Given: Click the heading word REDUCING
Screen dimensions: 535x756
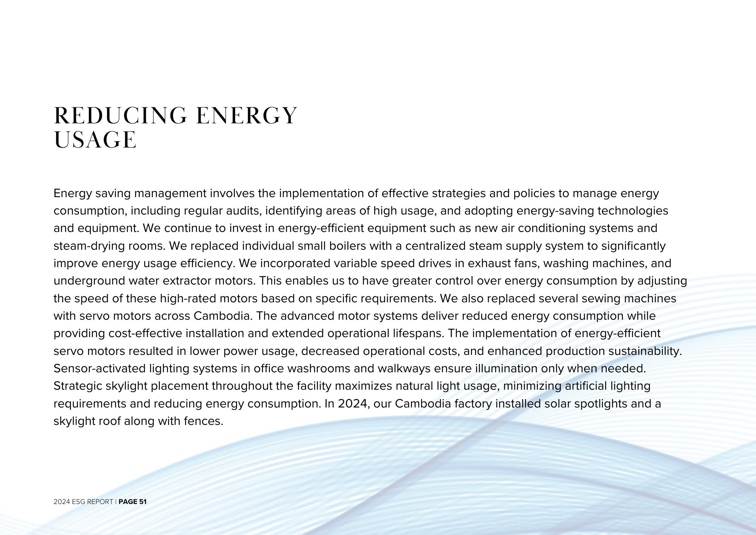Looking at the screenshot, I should (120, 115).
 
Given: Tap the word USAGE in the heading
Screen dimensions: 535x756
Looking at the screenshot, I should (95, 140).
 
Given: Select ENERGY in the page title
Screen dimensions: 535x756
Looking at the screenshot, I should (247, 115).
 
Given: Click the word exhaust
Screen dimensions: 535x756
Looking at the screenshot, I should (485, 263).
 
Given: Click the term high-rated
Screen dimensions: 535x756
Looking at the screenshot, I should (188, 299).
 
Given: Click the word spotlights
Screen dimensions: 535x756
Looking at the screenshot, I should (601, 404).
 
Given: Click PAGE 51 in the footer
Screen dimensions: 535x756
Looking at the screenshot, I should (132, 502).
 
